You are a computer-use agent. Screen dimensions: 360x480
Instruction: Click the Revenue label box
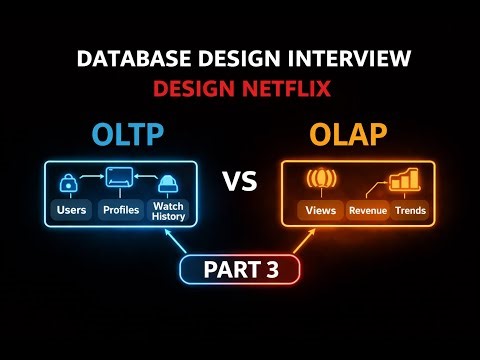tap(366, 211)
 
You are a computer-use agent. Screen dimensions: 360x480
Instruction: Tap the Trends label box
tap(409, 211)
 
